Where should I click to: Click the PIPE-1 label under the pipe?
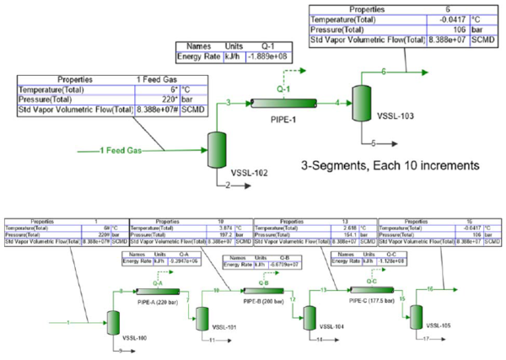click(x=282, y=121)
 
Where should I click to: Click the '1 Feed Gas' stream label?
click(x=120, y=150)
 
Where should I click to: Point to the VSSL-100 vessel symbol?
click(x=113, y=321)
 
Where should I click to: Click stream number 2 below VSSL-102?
click(x=226, y=183)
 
